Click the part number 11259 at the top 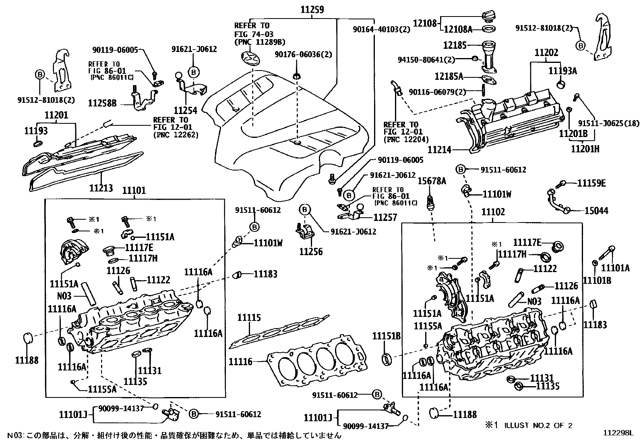click(x=312, y=10)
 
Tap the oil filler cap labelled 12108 click(x=489, y=15)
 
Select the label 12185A click(x=449, y=76)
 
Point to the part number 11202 click(x=546, y=53)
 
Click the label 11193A click(x=562, y=71)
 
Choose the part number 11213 click(x=101, y=188)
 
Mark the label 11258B click(x=102, y=103)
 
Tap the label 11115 click(x=249, y=318)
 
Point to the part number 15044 click(x=596, y=210)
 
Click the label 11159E click(x=591, y=183)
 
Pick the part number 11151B click(x=386, y=336)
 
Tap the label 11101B click(x=597, y=280)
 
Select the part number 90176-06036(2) click(x=303, y=54)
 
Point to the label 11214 click(x=439, y=149)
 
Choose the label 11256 click(x=311, y=252)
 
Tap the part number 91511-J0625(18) click(x=609, y=123)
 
